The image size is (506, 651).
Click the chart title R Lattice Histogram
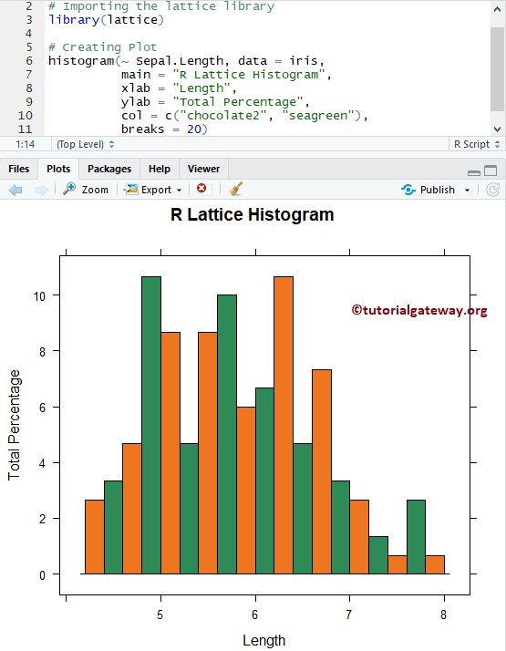[253, 215]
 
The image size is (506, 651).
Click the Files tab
[19, 169]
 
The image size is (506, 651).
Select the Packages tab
[109, 169]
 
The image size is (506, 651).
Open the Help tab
[160, 169]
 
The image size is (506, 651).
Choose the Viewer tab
[203, 169]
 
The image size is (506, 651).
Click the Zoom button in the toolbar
[86, 190]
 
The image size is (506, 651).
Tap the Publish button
[437, 190]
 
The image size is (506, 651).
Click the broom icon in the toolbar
[236, 190]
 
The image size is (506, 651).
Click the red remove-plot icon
[202, 189]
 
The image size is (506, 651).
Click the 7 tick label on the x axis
[349, 612]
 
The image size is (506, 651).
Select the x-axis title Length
[263, 640]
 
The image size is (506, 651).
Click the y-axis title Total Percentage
[15, 425]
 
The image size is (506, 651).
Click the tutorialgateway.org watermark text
[419, 311]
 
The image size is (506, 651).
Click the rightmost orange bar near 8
[435, 564]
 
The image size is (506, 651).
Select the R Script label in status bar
[470, 144]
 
